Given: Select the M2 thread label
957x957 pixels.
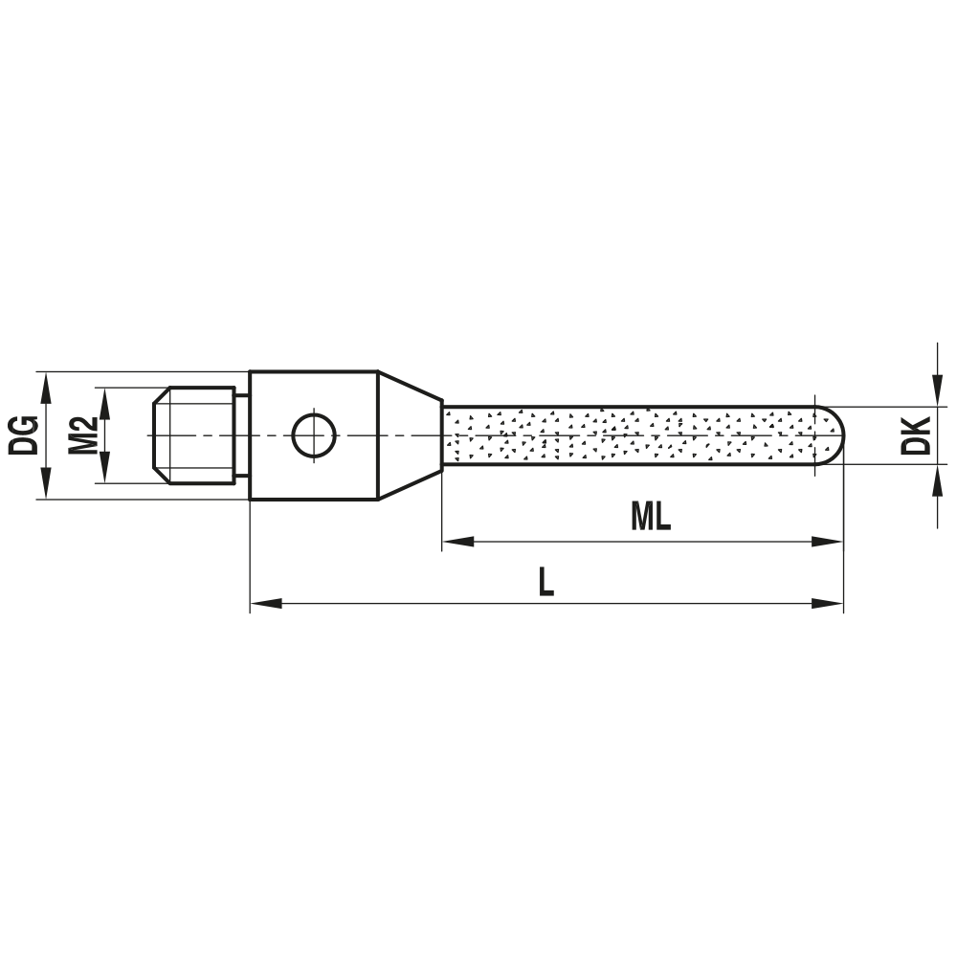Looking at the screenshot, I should point(83,435).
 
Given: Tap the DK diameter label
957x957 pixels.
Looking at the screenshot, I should point(918,435).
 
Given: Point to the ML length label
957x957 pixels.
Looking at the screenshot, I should point(651,517).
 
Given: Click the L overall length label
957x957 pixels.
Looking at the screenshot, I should point(545,582).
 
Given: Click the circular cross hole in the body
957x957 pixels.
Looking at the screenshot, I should point(313,435).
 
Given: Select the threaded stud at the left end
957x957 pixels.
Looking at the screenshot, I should point(194,435).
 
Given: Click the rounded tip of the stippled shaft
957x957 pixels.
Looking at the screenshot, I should point(835,435).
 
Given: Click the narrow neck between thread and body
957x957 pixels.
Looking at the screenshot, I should point(242,435).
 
